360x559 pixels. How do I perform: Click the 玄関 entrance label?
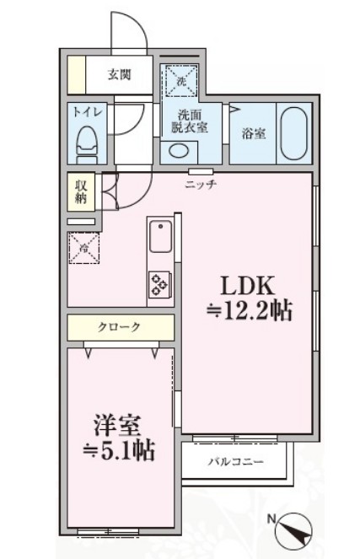119,75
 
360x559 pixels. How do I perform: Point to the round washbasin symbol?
178,150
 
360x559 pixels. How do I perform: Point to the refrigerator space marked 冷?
83,248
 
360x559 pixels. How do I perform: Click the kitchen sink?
159,238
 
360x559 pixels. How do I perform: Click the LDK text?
249,284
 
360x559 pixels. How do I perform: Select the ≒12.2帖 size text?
250,311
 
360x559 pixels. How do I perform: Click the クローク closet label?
119,327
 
